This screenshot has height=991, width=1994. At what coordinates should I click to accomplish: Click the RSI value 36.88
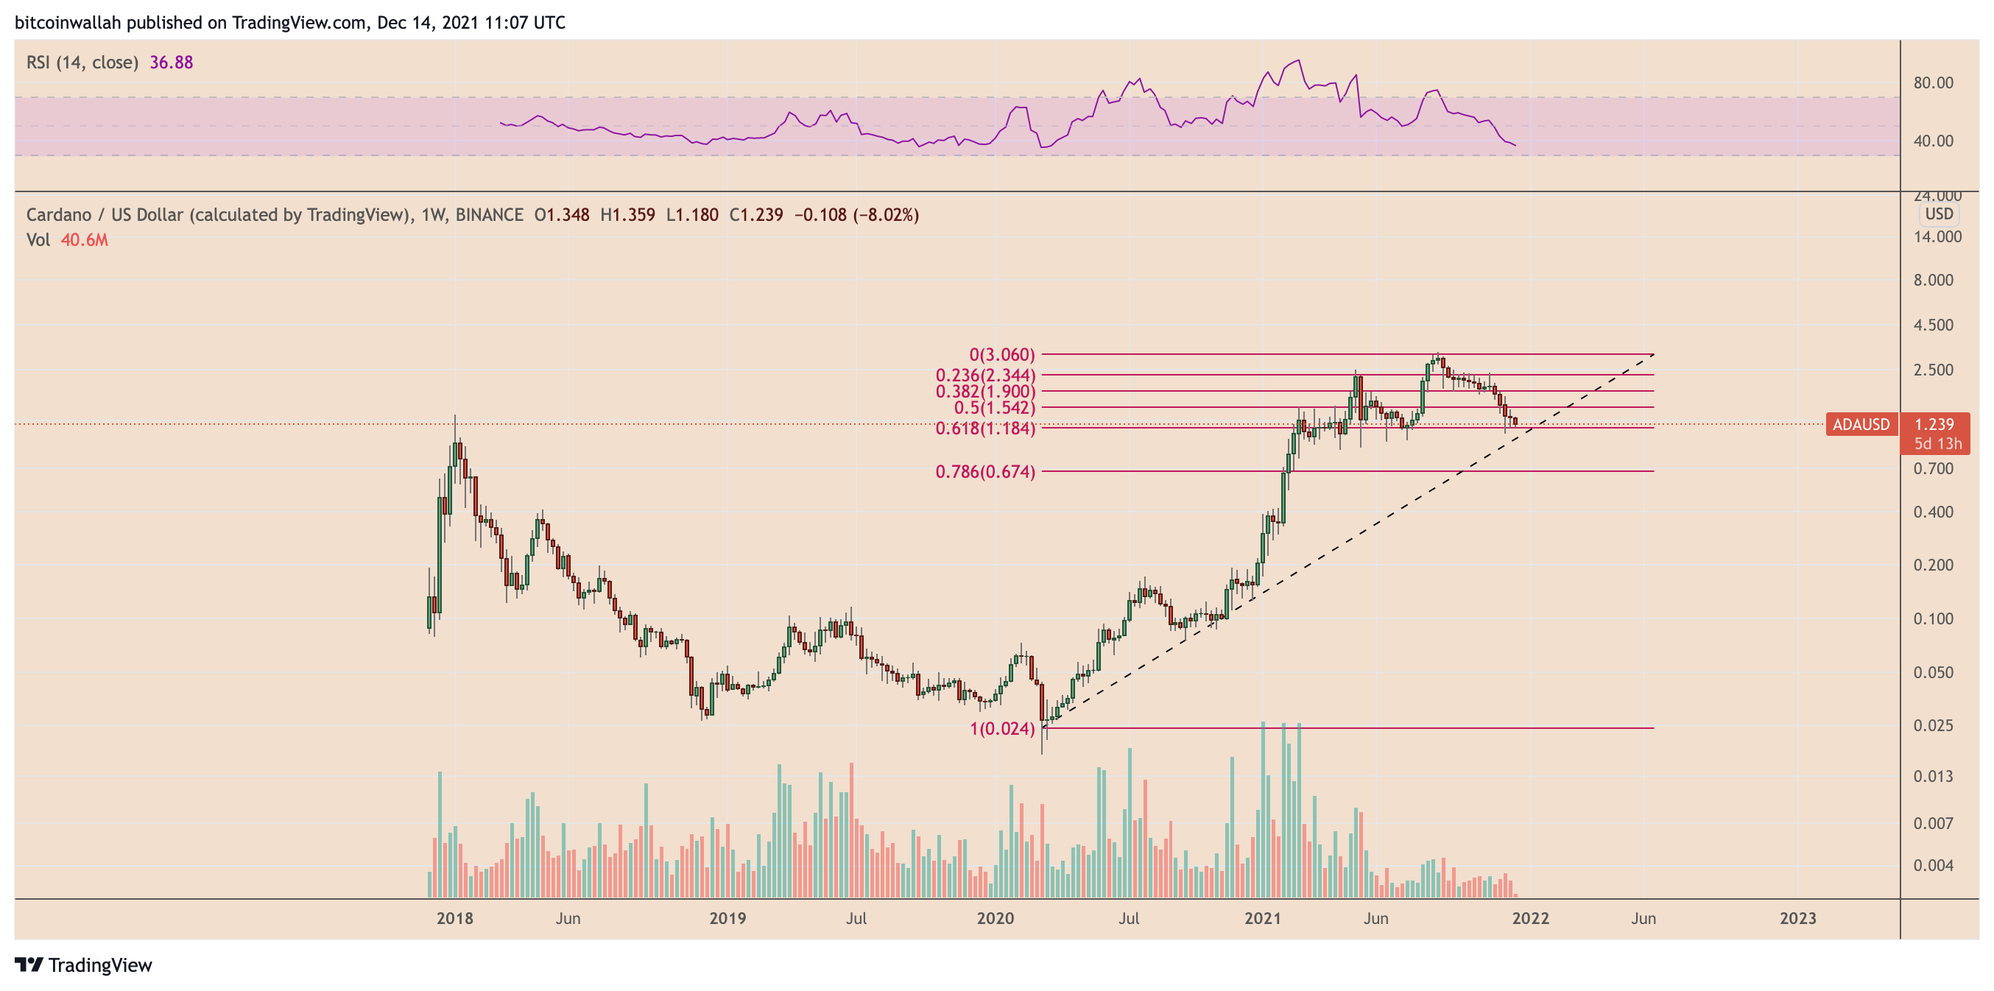[x=171, y=62]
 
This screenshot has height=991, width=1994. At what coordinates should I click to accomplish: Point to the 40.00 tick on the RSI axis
[x=1933, y=141]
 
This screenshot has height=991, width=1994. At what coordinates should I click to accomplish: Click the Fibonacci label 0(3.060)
[x=1001, y=355]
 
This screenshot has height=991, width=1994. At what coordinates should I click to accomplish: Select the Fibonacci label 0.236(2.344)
[x=984, y=375]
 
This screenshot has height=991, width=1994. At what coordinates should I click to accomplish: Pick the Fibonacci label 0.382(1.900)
[x=984, y=392]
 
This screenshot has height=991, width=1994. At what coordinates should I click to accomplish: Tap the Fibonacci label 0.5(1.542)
[x=994, y=408]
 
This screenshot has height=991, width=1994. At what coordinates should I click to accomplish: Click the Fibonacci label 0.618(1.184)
[x=984, y=429]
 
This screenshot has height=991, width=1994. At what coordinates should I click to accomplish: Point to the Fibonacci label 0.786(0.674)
[x=984, y=471]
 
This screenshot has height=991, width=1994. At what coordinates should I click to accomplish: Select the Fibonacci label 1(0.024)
[x=1001, y=729]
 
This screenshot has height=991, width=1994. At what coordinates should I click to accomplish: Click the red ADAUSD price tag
[x=1861, y=424]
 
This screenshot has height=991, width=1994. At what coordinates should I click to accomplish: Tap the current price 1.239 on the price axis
[x=1934, y=424]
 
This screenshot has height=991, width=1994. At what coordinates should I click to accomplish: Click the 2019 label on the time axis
[x=728, y=918]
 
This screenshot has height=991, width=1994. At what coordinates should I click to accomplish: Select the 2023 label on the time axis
[x=1797, y=918]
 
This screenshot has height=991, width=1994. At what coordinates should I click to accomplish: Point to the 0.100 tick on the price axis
[x=1933, y=618]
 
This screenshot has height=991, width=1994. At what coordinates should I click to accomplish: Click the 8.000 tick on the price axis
[x=1933, y=281]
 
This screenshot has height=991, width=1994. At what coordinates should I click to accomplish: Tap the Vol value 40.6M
[x=85, y=240]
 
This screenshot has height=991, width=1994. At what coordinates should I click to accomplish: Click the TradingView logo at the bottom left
[x=84, y=964]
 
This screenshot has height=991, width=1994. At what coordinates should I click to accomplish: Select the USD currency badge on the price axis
[x=1939, y=214]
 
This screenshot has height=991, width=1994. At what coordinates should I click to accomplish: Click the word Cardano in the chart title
[x=58, y=214]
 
